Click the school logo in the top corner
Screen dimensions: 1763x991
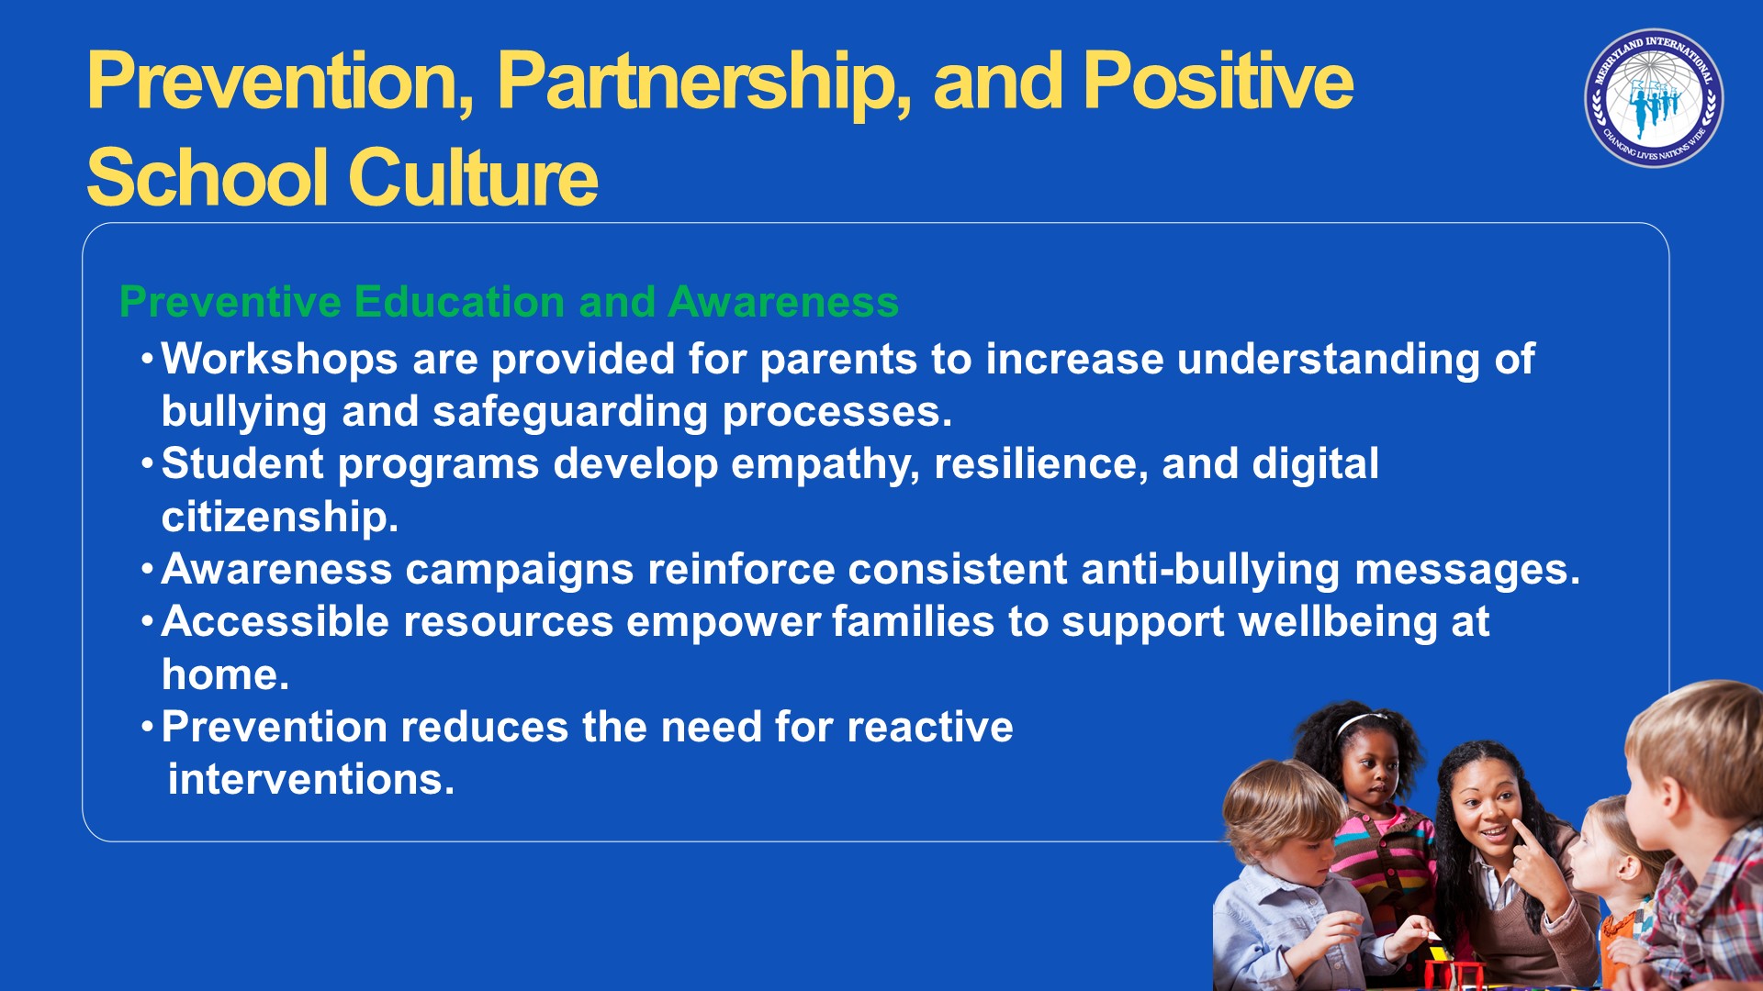click(1654, 98)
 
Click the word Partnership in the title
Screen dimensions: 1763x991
click(704, 84)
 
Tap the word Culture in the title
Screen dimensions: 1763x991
click(473, 177)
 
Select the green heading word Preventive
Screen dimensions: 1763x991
click(230, 302)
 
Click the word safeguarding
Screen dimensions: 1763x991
click(570, 412)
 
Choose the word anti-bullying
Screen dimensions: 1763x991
click(1210, 570)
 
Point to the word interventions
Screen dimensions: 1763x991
click(311, 780)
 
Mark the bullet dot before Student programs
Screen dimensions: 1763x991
click(147, 463)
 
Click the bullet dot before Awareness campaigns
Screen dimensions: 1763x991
click(147, 569)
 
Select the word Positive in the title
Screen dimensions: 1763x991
click(1218, 81)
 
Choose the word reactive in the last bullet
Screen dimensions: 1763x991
click(930, 728)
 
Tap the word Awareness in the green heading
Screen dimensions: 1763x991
click(783, 302)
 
